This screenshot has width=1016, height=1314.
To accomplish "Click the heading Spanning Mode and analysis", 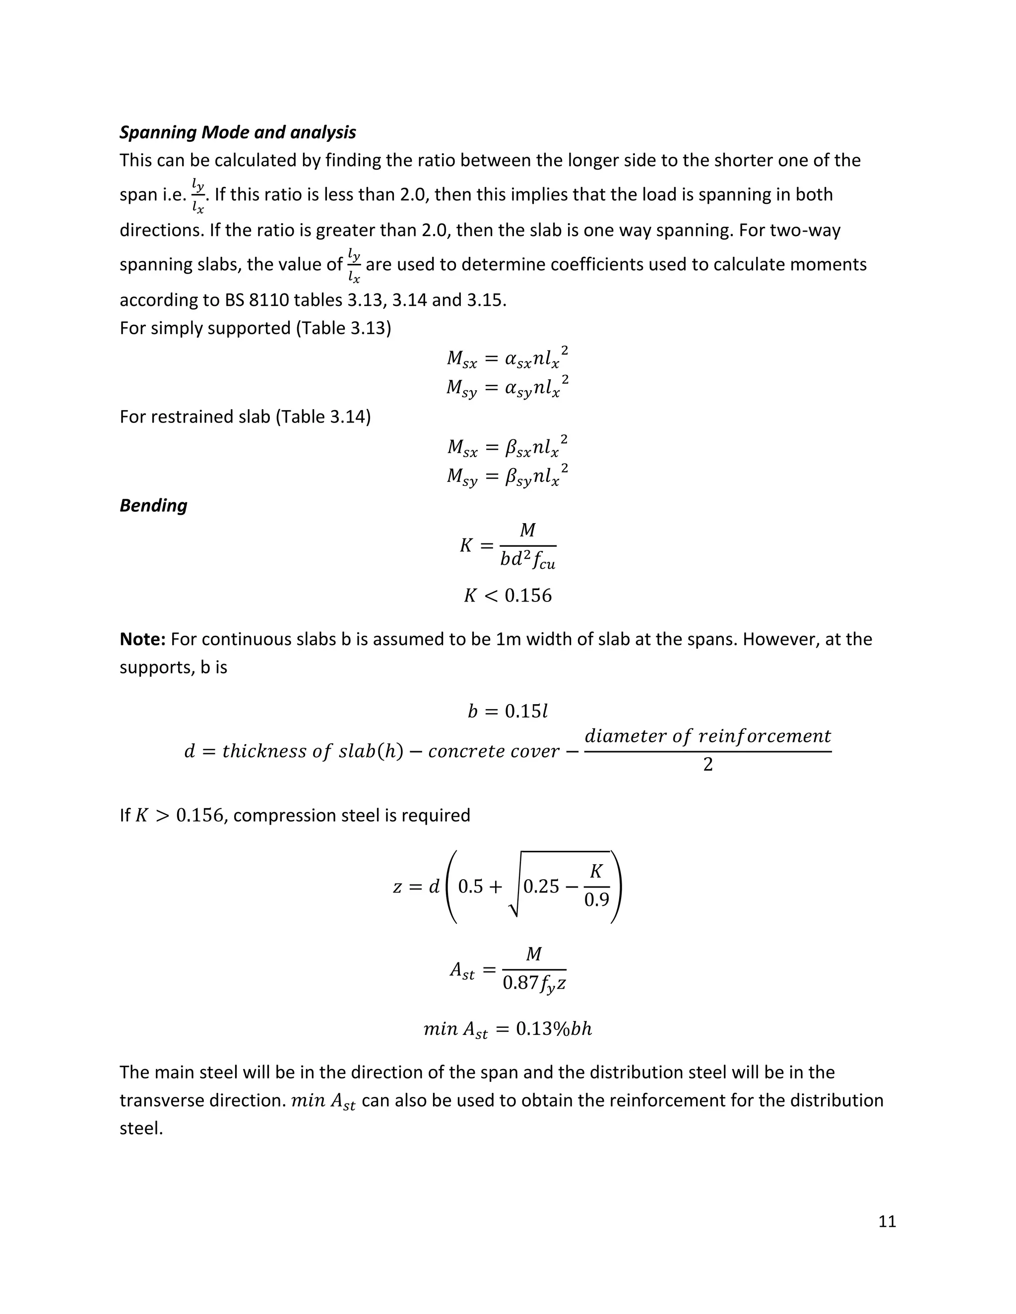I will (x=238, y=132).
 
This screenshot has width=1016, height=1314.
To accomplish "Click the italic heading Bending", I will (x=153, y=505).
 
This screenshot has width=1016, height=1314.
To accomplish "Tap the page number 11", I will (x=887, y=1221).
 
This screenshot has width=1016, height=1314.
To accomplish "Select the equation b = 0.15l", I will (x=508, y=712).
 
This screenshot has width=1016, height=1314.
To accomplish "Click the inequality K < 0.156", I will (x=508, y=596).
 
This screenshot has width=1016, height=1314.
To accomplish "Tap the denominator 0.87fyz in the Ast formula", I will (x=534, y=984).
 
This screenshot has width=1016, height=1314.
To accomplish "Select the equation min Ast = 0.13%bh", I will (x=508, y=1029).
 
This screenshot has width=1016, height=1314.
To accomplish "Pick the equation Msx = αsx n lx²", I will (x=508, y=358).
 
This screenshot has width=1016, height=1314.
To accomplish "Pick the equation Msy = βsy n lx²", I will (x=508, y=476).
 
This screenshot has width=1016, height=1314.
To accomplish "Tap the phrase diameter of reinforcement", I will (x=707, y=736).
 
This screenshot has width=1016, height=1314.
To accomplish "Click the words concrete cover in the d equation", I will (x=494, y=751).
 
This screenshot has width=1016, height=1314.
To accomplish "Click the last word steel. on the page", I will (x=141, y=1128).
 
